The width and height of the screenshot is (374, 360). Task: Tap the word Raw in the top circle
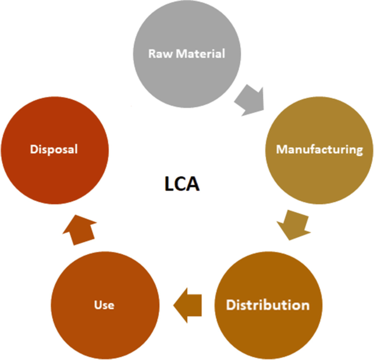[158, 54]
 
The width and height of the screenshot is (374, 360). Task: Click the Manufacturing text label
[319, 149]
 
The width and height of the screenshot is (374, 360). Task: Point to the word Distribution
[268, 304]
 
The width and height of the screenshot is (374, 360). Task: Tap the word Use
[104, 304]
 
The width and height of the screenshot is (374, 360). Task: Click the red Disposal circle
[55, 149]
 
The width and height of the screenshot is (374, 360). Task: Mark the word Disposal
[55, 149]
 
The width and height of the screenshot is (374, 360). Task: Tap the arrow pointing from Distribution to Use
[187, 303]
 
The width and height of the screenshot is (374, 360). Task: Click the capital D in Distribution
[231, 304]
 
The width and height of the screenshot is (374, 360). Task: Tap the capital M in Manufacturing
[281, 149]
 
